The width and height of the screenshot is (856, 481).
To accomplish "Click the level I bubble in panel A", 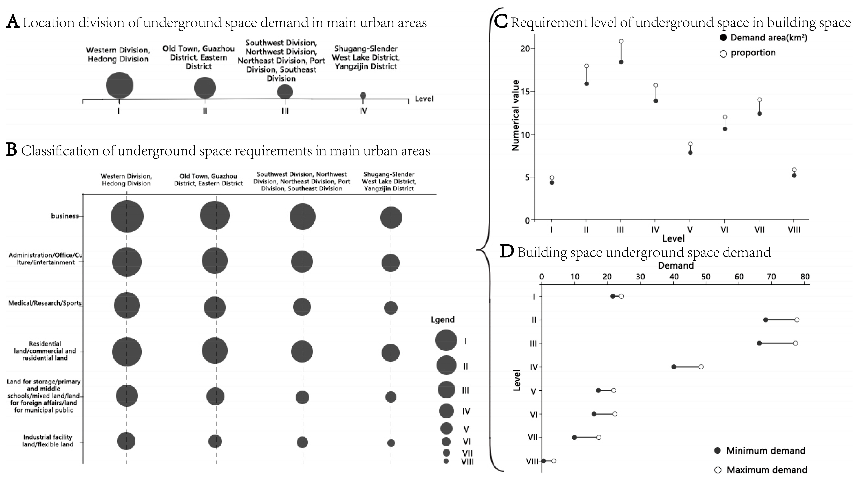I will coord(120,86).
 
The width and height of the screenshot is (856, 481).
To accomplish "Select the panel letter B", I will coord(12,150).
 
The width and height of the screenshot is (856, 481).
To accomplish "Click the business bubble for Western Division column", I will coord(127,216).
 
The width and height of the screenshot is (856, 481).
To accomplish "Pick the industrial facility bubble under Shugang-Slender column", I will coord(391,443).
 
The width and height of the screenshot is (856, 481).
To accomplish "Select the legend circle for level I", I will coord(446,340).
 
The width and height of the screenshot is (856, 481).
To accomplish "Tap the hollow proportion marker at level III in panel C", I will coord(621,41).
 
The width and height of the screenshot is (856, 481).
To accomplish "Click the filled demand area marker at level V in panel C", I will coord(690,153).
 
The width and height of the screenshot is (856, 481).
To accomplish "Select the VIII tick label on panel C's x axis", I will coord(794,230).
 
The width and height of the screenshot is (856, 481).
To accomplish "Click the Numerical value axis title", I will coord(515,115).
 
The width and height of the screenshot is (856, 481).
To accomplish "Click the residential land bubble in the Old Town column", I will coord(215,351).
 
